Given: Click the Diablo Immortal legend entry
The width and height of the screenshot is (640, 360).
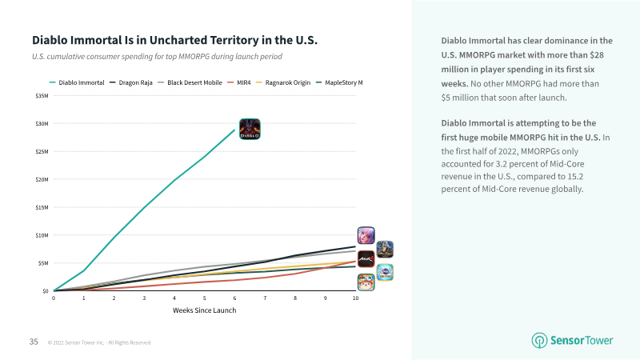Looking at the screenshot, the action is [77, 82].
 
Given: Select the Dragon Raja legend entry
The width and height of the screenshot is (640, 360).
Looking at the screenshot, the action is [131, 82].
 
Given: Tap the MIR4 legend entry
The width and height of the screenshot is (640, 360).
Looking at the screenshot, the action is [239, 82].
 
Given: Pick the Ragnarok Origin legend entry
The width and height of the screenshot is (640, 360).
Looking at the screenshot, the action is [283, 82].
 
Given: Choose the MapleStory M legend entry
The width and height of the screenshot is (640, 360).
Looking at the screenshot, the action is [339, 82].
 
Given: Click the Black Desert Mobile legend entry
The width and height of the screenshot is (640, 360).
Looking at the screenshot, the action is [190, 82].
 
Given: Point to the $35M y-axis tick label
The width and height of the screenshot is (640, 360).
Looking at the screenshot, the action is [42, 96].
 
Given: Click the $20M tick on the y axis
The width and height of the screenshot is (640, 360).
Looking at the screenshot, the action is [42, 179].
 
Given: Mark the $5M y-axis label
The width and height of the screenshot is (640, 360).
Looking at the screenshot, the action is [43, 263].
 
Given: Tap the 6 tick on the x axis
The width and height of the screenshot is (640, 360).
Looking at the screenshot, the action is [234, 298].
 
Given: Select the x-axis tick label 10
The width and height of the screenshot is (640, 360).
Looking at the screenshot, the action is [355, 298].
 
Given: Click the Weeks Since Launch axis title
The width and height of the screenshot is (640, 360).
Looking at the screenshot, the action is [205, 310].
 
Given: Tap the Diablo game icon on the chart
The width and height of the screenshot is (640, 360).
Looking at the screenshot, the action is [250, 129].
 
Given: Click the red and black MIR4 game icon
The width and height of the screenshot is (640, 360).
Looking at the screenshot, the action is [366, 258].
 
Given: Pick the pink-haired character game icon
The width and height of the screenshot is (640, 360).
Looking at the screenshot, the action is [366, 235].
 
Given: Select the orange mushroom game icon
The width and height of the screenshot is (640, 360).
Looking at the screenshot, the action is [366, 282].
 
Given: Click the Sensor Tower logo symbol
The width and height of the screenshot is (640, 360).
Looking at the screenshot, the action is [539, 341].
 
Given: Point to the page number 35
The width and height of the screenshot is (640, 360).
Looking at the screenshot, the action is [34, 342].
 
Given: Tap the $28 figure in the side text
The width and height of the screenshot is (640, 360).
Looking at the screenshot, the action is [597, 55].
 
